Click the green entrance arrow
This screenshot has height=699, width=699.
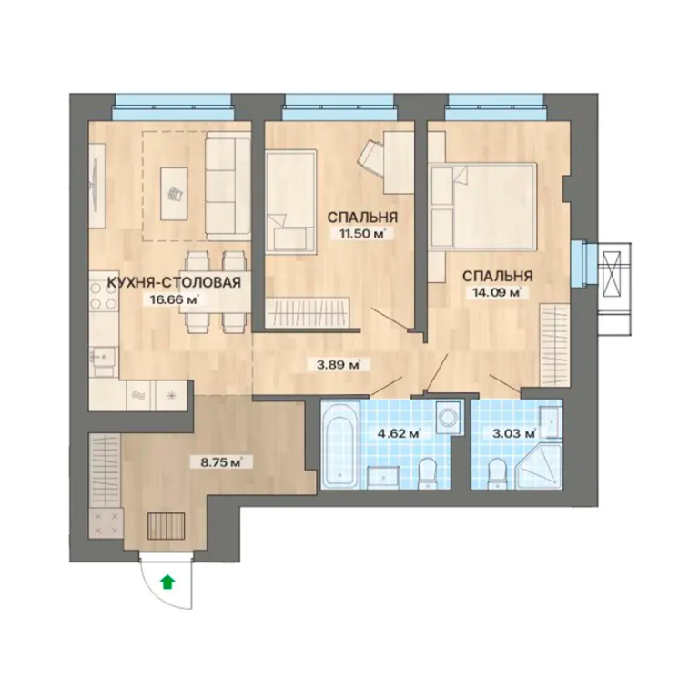(x=167, y=582)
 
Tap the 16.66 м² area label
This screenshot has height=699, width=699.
(x=171, y=299)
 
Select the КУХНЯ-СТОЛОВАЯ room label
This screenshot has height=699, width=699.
(x=175, y=282)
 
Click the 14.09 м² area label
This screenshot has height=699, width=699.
(x=494, y=292)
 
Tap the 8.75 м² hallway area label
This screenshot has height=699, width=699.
(x=220, y=462)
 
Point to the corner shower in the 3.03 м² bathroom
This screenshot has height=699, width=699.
(x=541, y=466)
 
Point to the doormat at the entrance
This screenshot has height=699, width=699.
(x=167, y=526)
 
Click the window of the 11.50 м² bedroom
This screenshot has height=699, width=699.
(x=339, y=108)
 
